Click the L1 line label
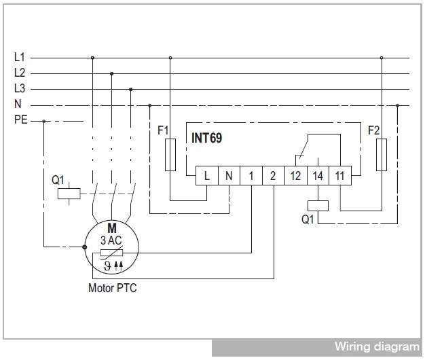(20, 57)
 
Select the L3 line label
(20, 89)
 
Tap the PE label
(21, 120)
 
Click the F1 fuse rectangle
(170, 155)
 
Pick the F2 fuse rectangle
(382, 155)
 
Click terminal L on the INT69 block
(207, 176)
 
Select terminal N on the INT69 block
(229, 176)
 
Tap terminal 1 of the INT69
(251, 176)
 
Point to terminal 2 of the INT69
(274, 176)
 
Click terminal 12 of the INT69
(296, 176)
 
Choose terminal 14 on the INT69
(318, 176)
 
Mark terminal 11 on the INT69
(340, 176)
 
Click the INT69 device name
(207, 138)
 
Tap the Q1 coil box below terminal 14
(318, 206)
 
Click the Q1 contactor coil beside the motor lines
(69, 194)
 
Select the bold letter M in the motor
(112, 228)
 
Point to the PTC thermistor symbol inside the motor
(111, 253)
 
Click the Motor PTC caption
(113, 288)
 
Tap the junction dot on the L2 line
(111, 73)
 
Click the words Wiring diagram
(377, 346)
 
